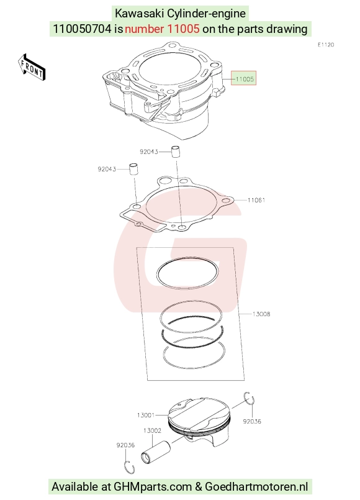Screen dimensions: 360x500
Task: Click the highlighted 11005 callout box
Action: point(244,78)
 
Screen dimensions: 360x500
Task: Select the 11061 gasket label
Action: point(256,200)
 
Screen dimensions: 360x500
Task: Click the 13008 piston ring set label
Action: point(261,314)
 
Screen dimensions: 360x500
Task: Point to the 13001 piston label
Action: point(146,415)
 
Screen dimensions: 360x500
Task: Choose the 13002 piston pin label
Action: point(152,430)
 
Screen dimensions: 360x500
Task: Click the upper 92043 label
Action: point(149,152)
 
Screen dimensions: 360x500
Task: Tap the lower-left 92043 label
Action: point(107,169)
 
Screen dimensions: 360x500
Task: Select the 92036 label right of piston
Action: point(252,422)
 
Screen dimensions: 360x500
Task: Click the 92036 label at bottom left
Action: point(125,445)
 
